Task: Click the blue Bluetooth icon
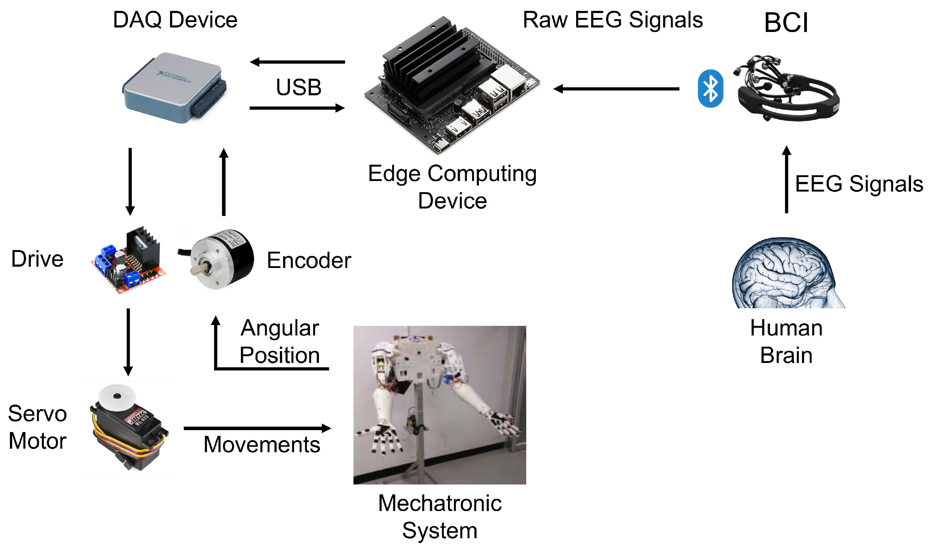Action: [710, 89]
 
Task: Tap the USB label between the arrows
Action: [298, 88]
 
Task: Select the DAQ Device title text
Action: [175, 20]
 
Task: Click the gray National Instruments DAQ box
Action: [174, 88]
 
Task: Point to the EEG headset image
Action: [787, 89]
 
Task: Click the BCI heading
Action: [786, 23]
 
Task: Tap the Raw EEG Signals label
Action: [612, 20]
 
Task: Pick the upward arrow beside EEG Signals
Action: [786, 180]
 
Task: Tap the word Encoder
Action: [309, 260]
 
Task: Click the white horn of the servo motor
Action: [117, 398]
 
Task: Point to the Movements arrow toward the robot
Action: [257, 428]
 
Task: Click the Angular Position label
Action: [279, 341]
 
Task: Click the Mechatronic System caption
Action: [440, 516]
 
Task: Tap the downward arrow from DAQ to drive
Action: [130, 181]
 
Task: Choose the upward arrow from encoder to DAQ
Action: [224, 182]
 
